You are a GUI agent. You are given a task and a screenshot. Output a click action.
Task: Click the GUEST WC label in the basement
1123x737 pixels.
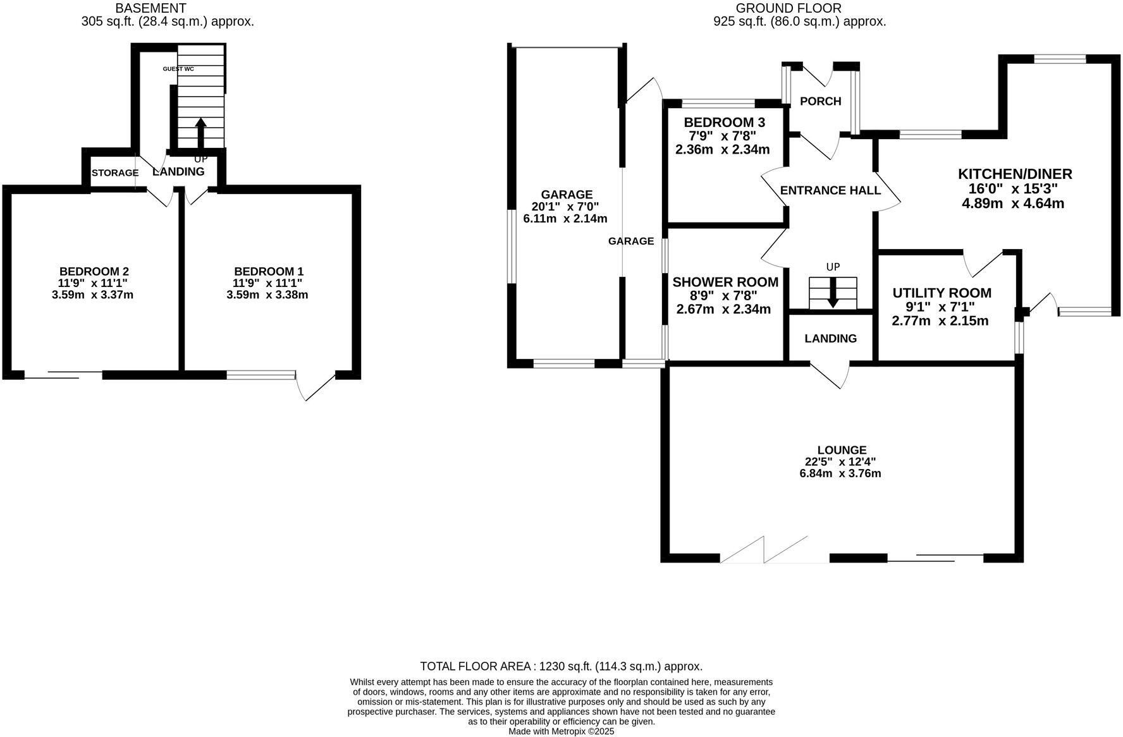click(178, 69)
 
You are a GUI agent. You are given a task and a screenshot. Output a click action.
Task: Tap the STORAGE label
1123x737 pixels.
click(115, 173)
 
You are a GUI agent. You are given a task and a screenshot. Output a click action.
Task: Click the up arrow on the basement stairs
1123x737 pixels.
click(200, 132)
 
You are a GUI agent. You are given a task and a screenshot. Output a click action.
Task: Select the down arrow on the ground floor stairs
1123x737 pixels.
click(833, 292)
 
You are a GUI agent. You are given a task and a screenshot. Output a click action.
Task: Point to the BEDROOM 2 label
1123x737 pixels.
click(94, 271)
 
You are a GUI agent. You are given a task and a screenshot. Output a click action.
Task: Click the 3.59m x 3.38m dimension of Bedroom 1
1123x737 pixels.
click(267, 295)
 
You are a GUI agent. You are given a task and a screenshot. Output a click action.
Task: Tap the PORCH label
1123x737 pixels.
click(820, 101)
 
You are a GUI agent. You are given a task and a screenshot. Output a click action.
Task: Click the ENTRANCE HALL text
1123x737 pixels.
click(830, 190)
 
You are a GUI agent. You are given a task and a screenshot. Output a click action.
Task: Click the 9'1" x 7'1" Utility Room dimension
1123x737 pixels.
click(942, 307)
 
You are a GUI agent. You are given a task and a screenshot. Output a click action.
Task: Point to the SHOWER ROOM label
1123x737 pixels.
click(725, 282)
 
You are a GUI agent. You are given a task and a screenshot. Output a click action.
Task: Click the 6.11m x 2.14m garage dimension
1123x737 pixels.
click(565, 219)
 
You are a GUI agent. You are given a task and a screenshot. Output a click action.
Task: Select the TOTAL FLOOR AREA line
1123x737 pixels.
click(561, 666)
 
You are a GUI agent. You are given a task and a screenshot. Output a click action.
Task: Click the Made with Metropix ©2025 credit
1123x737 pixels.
click(561, 731)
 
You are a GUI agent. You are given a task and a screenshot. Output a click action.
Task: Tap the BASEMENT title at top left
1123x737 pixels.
click(151, 8)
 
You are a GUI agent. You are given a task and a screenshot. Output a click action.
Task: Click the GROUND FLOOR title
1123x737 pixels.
click(789, 8)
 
